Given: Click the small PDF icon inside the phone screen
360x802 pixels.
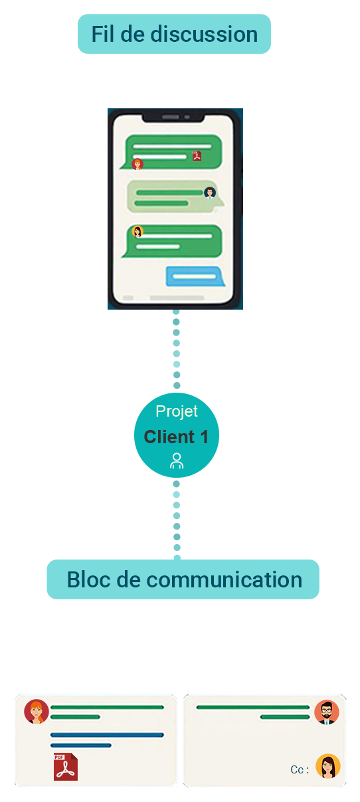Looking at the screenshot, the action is coord(197,155).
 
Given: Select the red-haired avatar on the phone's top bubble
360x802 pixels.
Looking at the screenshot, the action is coord(137,164).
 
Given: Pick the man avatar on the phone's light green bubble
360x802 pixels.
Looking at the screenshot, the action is coord(210,193).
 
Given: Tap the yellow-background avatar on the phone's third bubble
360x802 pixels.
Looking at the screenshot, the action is coord(137,232).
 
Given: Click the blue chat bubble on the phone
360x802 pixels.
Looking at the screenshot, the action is coord(195,276).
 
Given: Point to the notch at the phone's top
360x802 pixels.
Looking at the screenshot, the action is coord(173,117).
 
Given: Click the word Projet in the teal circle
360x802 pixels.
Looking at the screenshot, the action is coord(177,411).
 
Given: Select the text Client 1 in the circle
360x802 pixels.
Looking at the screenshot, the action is coord(176,437).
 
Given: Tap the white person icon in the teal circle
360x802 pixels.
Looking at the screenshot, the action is coord(177,460).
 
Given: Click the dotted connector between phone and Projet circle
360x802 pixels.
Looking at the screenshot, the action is coord(177,348).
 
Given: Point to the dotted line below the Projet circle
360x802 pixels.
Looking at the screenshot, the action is coord(177,520).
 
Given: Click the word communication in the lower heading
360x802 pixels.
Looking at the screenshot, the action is coord(225,580).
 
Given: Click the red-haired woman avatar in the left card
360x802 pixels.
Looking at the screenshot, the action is coord(37,712).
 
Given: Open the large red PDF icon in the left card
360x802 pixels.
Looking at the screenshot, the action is coord(66,767).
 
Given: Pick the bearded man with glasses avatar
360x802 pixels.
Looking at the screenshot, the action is coord(327,712).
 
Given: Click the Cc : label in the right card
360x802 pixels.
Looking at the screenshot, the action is coord(300,770).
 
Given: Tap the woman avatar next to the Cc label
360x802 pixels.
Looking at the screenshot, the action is coord(328,766).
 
